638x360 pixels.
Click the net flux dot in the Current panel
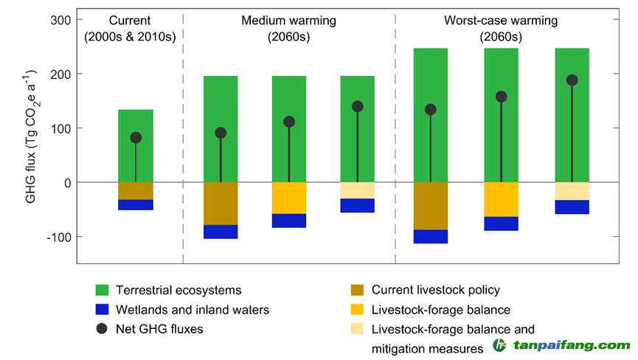(x=136, y=138)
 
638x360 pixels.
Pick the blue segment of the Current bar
(x=136, y=204)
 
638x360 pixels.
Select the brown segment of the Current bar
(x=136, y=190)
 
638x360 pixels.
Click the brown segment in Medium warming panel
(x=221, y=203)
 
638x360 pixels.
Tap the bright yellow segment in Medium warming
(x=289, y=198)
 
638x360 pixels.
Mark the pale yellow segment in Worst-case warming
(x=572, y=191)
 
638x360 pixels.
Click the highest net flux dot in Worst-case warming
(x=572, y=80)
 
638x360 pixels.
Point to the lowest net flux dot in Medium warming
(x=221, y=133)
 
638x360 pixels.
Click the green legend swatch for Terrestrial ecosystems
(x=103, y=291)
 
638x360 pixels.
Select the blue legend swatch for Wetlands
(x=103, y=310)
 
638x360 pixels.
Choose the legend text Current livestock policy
(x=436, y=291)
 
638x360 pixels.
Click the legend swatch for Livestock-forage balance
(x=358, y=310)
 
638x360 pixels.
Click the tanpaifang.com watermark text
(x=571, y=345)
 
